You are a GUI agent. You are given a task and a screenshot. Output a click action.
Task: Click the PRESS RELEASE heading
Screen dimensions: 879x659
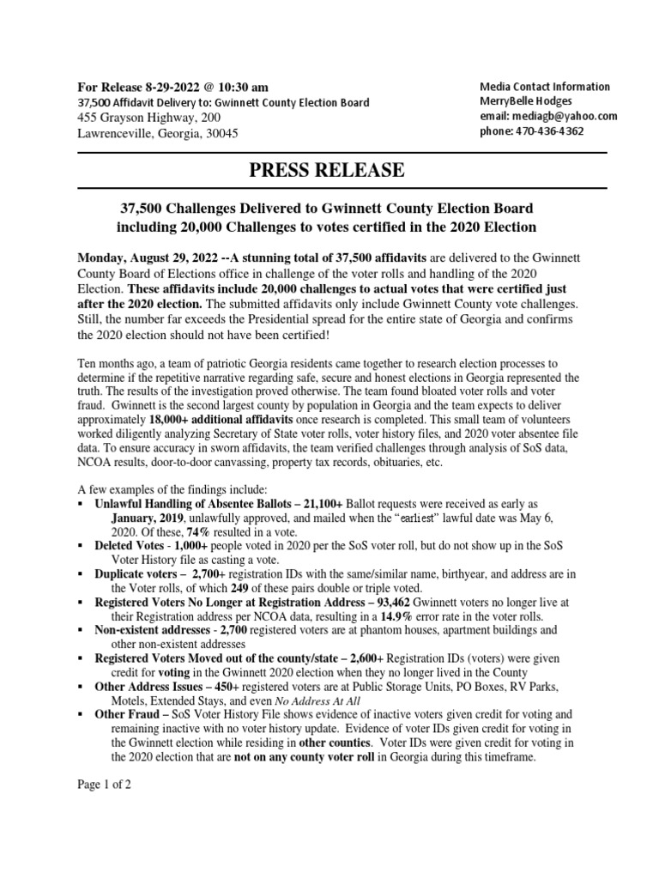(326, 170)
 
